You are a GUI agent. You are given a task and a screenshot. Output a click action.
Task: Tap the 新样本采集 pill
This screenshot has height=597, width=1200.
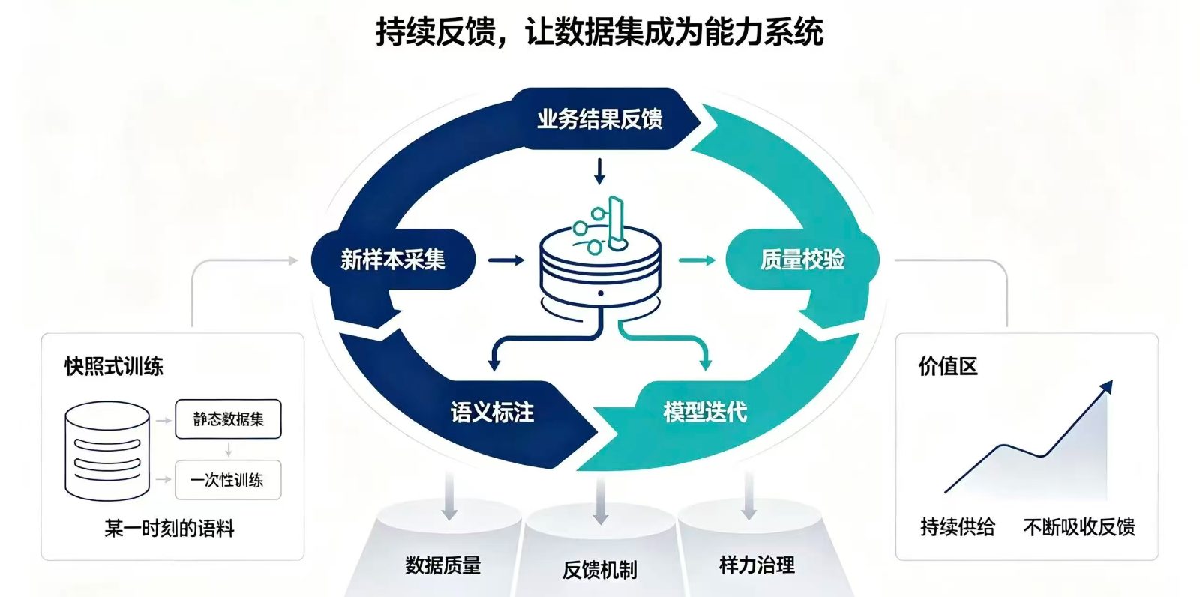point(393,260)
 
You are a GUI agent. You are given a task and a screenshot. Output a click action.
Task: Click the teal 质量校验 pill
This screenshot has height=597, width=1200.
point(802,260)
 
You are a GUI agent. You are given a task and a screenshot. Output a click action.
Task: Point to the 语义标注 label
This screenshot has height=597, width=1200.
point(492,412)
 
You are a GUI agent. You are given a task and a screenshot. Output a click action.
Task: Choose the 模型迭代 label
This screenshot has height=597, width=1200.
point(705,412)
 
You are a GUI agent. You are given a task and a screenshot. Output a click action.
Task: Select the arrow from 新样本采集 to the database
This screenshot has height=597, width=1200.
point(506,260)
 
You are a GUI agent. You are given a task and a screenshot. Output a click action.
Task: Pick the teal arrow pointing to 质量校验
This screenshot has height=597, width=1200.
point(697,260)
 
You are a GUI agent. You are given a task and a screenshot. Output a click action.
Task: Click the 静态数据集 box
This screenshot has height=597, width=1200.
point(228,419)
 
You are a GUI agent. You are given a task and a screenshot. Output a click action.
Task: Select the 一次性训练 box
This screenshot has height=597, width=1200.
point(228,480)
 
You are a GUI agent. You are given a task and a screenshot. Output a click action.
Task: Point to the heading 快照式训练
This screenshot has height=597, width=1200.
point(114,367)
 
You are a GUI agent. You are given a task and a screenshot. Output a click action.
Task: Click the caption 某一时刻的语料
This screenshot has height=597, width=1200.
point(169,529)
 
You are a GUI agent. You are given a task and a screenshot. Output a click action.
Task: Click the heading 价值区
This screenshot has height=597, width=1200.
point(948,367)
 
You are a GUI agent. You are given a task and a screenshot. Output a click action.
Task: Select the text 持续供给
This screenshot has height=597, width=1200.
point(957,527)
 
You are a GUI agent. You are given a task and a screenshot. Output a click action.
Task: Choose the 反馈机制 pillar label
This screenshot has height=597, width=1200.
point(599,570)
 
